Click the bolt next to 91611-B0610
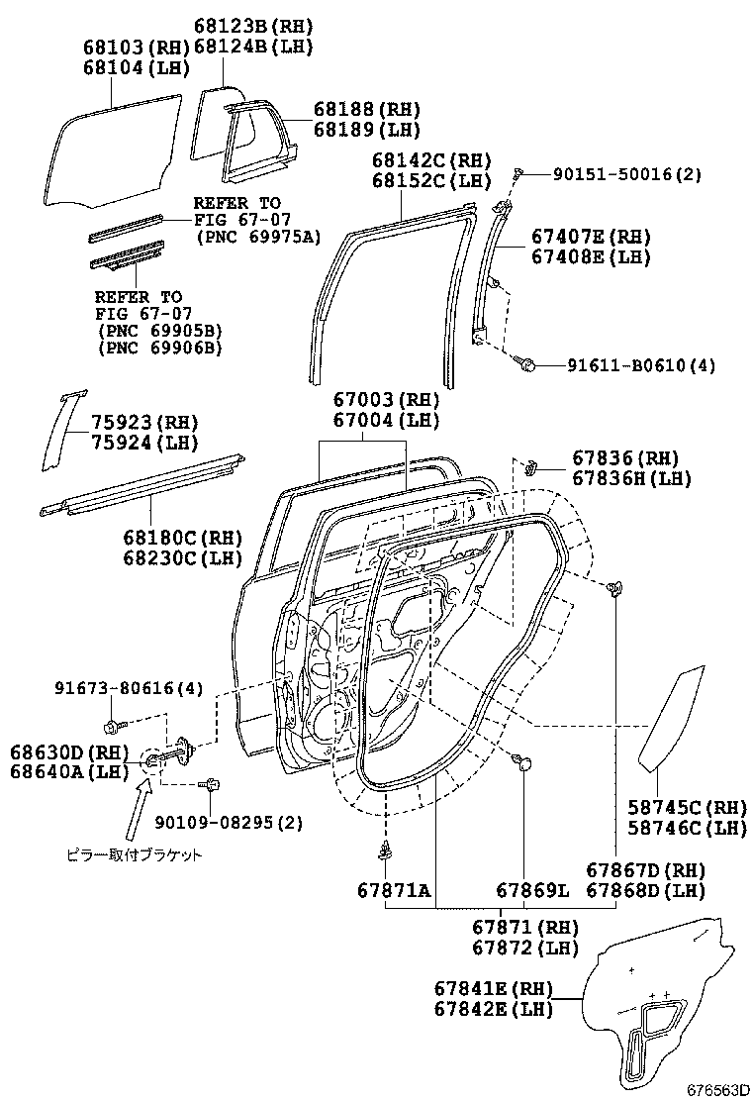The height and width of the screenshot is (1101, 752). click(x=525, y=365)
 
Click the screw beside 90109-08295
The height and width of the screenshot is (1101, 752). click(x=212, y=785)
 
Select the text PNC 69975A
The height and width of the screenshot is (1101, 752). click(x=259, y=236)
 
